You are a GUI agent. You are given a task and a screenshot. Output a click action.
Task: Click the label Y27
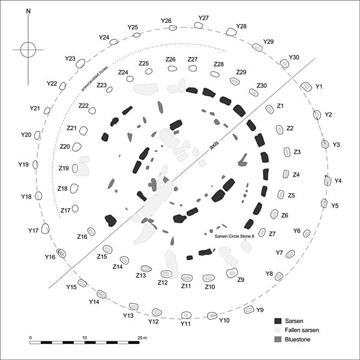point(203,18)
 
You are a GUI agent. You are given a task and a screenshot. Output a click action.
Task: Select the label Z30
point(262,86)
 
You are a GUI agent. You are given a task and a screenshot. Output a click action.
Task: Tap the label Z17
point(66,210)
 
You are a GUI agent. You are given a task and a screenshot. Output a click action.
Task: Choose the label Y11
point(185,324)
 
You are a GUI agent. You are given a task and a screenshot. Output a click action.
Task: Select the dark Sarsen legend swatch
point(278,321)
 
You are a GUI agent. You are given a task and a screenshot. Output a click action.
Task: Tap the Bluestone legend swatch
point(278,340)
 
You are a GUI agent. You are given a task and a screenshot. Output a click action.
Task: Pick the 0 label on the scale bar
point(31,338)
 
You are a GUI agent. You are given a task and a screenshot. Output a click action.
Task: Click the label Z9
point(241,280)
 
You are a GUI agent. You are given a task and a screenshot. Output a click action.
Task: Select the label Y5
point(335,206)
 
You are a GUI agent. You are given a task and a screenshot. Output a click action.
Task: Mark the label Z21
point(72,128)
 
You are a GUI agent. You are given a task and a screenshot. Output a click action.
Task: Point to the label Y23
point(70,59)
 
